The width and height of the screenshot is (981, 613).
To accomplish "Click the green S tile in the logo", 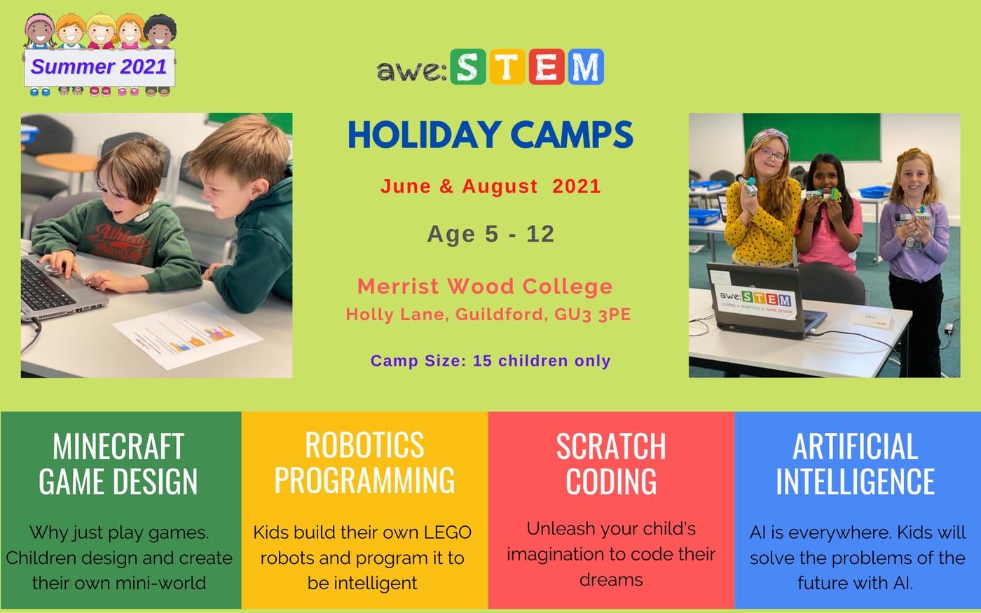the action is (x=468, y=67).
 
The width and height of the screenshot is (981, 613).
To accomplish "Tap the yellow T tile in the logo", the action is (x=507, y=67).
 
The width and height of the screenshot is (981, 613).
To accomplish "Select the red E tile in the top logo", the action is (x=547, y=67).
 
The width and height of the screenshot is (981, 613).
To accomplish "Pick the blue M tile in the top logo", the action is (x=586, y=67).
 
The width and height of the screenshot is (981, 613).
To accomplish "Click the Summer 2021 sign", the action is (x=100, y=67).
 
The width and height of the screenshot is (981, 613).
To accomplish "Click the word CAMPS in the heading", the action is (x=572, y=135).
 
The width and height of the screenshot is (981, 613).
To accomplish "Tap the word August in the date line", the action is (x=500, y=186).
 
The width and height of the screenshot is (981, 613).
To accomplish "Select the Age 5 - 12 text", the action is (x=491, y=234).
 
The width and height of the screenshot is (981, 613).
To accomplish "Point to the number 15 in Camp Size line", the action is (x=482, y=360).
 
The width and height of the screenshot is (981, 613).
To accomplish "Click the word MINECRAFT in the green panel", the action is (x=118, y=446).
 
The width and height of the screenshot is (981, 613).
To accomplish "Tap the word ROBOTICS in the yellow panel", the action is (x=364, y=445).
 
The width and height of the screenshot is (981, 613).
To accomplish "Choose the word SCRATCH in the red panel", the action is (x=611, y=446).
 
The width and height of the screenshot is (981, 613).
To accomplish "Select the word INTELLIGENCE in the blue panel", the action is (x=856, y=481).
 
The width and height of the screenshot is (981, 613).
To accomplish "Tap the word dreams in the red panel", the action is (x=611, y=580).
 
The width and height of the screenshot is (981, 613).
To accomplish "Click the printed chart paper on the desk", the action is (x=188, y=336).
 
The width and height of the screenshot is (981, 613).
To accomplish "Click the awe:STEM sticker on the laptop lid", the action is (x=756, y=300).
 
